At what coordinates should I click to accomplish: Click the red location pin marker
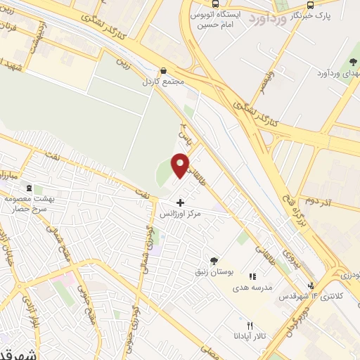pos(181,165)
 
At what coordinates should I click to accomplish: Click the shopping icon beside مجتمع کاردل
pos(163,71)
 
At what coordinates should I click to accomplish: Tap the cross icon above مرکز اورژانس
pos(181,202)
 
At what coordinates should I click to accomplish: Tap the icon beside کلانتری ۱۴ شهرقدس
pos(310,285)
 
